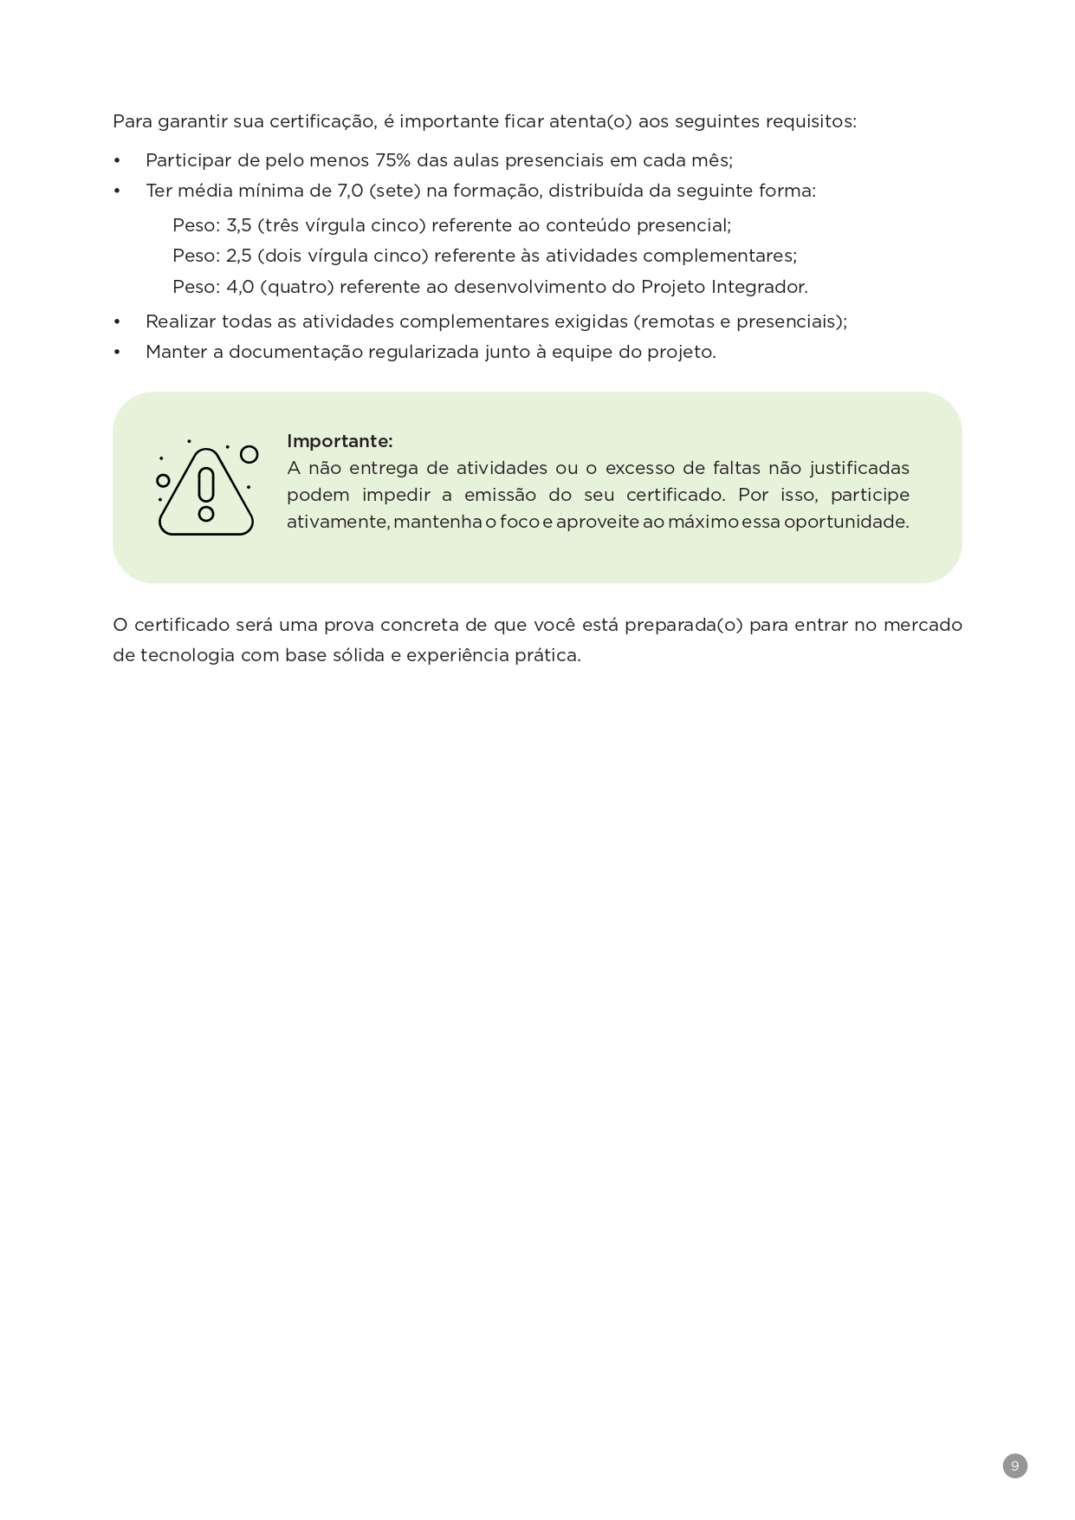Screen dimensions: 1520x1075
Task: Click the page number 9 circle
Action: click(1014, 1465)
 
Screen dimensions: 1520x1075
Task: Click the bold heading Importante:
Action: click(340, 441)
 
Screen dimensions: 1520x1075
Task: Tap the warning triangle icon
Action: click(206, 490)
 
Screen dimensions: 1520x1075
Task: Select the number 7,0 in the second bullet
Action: click(350, 191)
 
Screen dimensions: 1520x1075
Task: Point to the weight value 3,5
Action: click(238, 225)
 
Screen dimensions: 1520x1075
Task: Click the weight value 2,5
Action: click(238, 256)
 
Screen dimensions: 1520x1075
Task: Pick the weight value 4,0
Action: click(238, 287)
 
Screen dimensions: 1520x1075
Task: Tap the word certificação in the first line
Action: click(322, 121)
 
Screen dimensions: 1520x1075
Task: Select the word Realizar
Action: click(180, 322)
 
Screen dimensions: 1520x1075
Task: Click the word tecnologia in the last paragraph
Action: click(187, 655)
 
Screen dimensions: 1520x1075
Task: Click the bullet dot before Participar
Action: click(117, 161)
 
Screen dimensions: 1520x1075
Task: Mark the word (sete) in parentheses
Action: click(394, 191)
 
